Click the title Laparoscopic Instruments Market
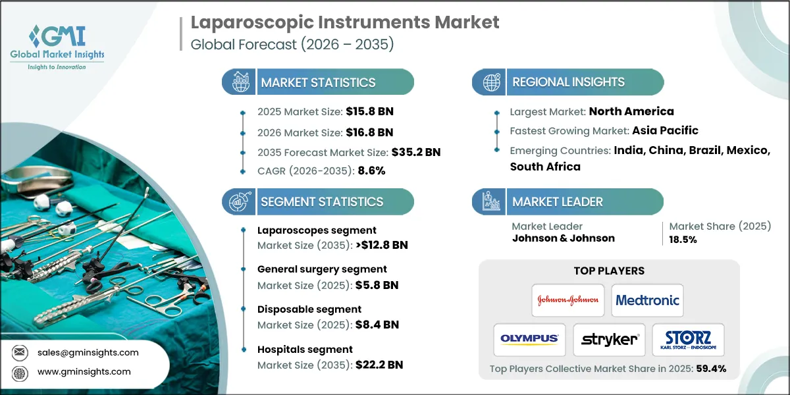(x=345, y=22)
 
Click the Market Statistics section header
(x=318, y=82)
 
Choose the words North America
(x=631, y=111)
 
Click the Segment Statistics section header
(x=322, y=201)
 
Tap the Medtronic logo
(x=647, y=300)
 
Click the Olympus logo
(x=529, y=340)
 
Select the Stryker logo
(x=609, y=340)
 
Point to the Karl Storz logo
(x=687, y=340)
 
